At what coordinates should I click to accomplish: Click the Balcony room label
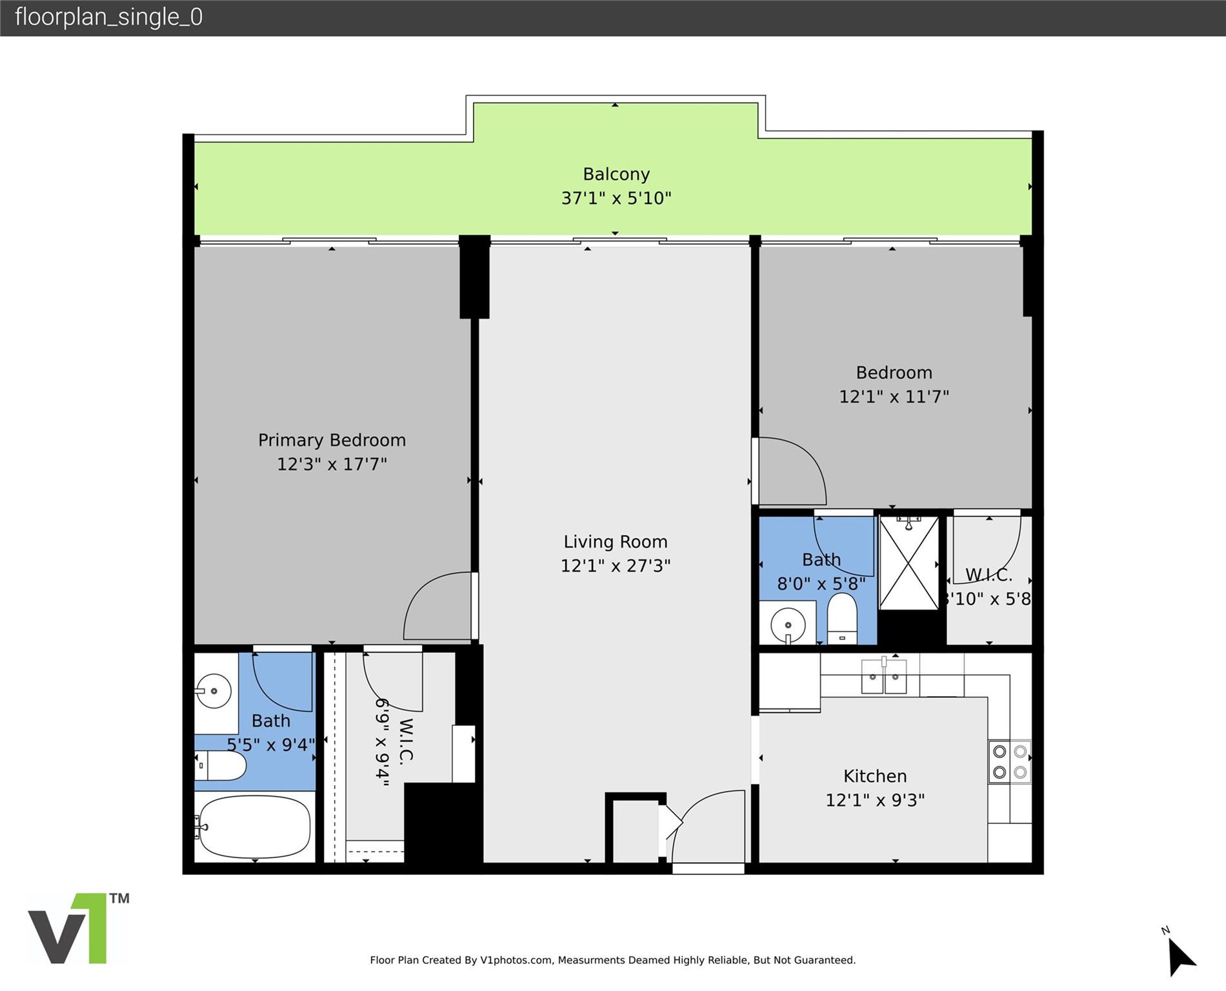616,174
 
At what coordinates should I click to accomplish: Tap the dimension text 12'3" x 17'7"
332,464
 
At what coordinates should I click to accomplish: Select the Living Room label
615,542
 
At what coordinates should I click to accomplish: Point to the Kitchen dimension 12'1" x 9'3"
874,800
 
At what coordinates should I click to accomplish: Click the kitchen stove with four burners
1009,761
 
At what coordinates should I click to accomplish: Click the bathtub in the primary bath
254,826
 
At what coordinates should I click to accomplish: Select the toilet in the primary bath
221,766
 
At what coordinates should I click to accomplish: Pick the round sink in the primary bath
214,691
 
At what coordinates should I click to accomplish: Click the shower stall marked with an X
909,563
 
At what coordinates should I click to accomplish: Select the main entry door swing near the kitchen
708,826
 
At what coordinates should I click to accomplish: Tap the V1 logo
77,929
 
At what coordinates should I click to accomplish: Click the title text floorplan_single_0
108,17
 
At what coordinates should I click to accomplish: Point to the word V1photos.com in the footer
516,960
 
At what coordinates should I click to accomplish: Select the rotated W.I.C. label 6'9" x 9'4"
394,742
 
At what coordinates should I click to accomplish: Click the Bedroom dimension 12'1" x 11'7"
893,396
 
